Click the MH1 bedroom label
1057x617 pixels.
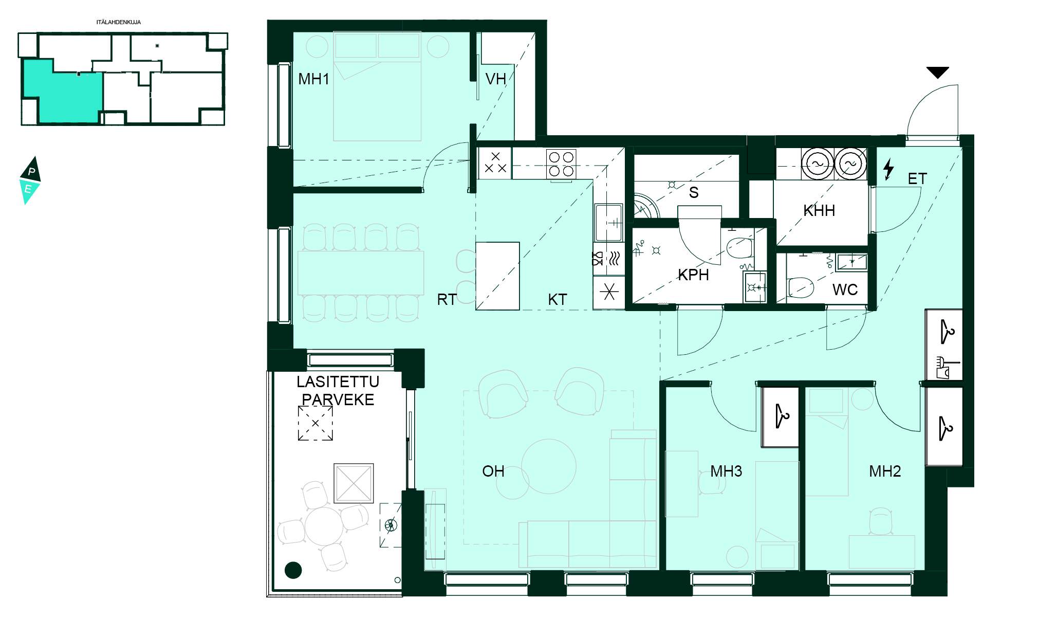[x=313, y=79]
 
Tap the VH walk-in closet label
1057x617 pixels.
[x=495, y=79]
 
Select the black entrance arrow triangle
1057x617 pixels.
[x=938, y=72]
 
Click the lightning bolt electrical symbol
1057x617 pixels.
[x=888, y=170]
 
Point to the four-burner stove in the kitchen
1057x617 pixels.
[x=561, y=164]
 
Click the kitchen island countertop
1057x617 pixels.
[x=497, y=276]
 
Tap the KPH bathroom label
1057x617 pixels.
[x=693, y=275]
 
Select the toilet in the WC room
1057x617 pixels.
[x=800, y=287]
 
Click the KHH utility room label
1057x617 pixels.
[x=819, y=210]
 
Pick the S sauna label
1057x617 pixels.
[x=694, y=192]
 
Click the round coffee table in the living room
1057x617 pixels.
[x=549, y=466]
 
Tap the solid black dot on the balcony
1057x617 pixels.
[x=293, y=569]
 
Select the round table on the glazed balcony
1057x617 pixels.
[x=324, y=526]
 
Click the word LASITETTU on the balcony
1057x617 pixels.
[x=338, y=382]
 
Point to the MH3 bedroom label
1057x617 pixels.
[x=726, y=471]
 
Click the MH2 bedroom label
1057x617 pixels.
[x=885, y=471]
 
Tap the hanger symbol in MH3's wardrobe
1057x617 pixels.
[x=783, y=415]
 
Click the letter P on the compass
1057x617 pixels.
[x=32, y=172]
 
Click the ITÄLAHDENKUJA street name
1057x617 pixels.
[x=119, y=22]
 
